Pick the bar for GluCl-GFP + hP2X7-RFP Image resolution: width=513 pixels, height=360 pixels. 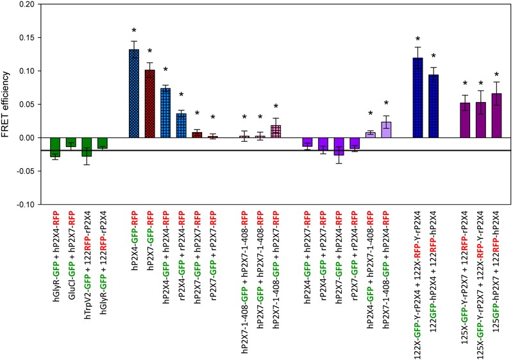click(x=71, y=142)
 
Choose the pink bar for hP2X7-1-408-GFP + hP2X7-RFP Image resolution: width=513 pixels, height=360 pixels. click(x=276, y=131)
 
